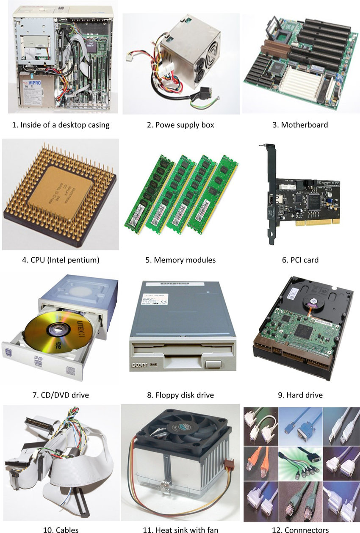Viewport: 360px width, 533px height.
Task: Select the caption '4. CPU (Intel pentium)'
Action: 61,260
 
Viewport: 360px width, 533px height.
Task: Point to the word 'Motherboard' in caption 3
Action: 305,125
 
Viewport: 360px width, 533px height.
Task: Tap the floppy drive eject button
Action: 212,365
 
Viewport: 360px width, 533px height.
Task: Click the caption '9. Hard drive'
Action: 300,395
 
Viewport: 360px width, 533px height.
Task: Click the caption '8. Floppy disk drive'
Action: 180,395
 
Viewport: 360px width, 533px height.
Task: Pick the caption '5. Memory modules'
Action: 180,260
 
